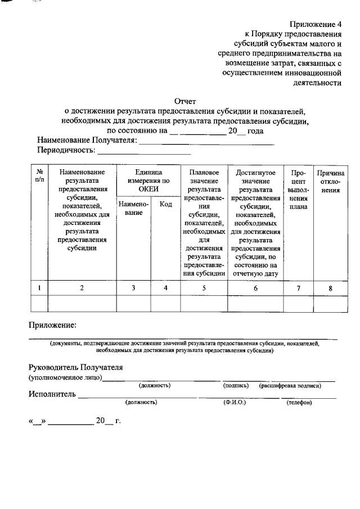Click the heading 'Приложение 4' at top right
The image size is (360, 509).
click(316, 24)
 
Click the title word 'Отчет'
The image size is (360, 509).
click(185, 101)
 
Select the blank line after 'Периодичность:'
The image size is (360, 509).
click(145, 151)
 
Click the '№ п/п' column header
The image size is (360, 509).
click(40, 176)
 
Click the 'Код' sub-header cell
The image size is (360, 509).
click(165, 204)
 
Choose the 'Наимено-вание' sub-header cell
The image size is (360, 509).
click(133, 209)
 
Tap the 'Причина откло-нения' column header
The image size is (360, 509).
click(330, 181)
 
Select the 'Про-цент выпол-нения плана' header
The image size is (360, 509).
click(298, 189)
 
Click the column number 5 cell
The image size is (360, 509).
click(204, 288)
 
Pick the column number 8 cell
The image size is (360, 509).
click(330, 288)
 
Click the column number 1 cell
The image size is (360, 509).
click(39, 288)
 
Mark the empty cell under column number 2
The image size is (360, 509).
click(82, 304)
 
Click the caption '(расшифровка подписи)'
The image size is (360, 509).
click(290, 386)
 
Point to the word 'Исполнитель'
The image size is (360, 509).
click(52, 394)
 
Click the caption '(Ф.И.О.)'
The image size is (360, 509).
click(235, 403)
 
